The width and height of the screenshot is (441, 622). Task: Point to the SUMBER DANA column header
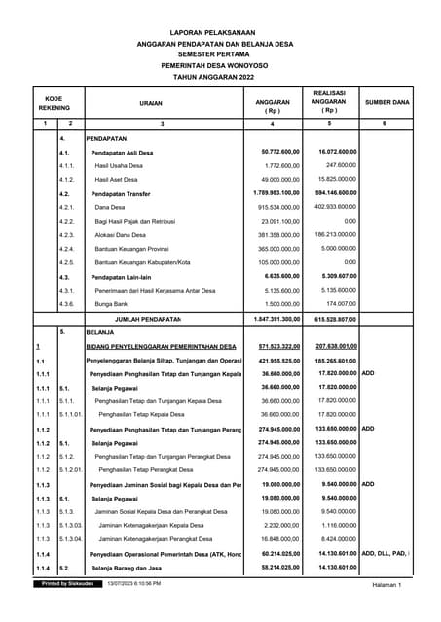tap(386, 101)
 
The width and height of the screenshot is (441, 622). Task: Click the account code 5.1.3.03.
tap(72, 525)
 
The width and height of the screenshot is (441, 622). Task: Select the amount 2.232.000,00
tap(280, 525)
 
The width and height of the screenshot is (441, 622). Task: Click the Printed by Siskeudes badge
tap(67, 584)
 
